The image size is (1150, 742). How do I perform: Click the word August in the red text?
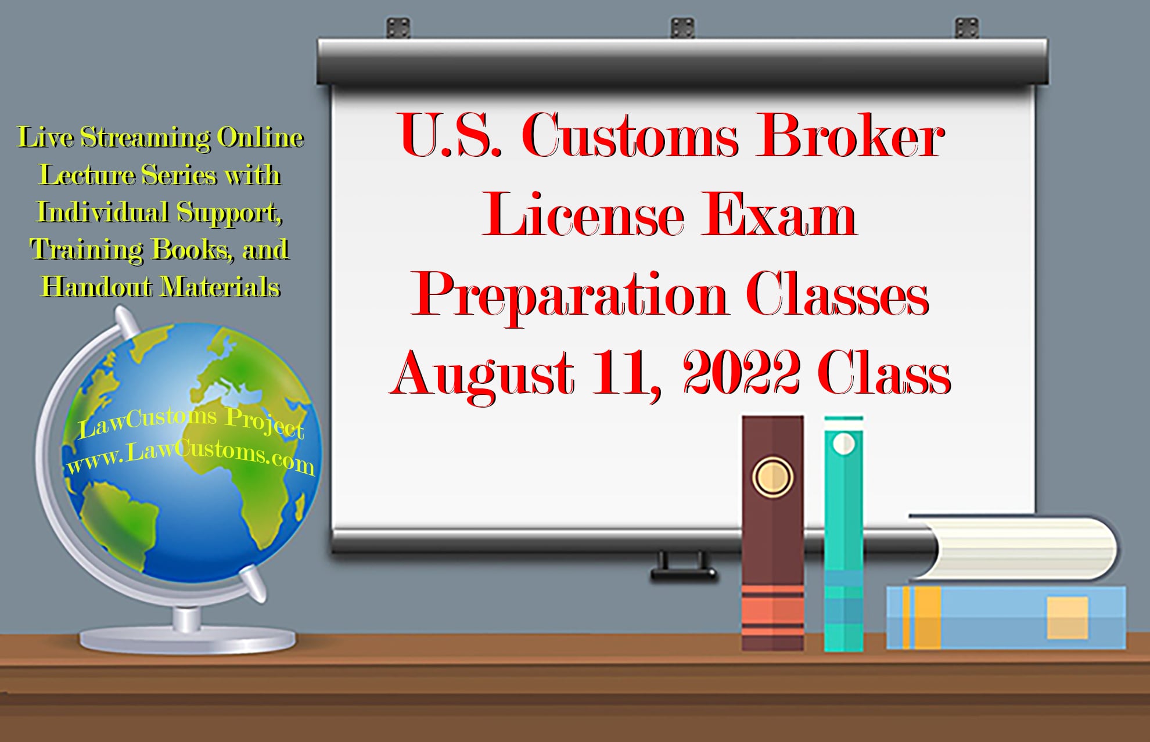482,374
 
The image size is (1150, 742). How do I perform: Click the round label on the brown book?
772,477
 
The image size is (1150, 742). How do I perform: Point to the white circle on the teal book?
844,444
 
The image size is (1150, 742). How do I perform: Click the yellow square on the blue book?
1068,618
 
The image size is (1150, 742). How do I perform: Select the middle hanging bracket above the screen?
682,27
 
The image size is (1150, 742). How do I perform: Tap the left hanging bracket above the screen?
398,27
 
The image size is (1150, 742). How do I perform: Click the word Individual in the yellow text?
103,212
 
